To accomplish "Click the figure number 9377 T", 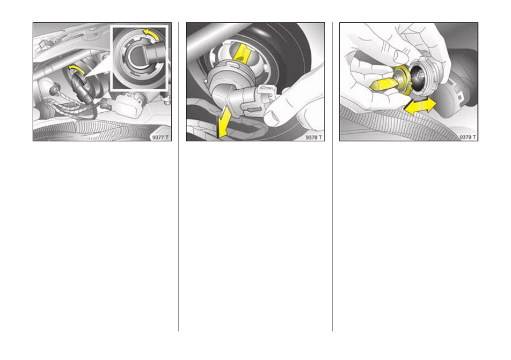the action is [160, 137].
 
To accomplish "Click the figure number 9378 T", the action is [314, 137].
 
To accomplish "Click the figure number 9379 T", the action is [468, 137].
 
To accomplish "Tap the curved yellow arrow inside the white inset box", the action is [151, 34].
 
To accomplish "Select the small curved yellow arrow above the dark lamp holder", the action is [76, 68].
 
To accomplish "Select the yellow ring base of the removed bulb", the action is [403, 80].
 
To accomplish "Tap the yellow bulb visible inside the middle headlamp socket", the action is [241, 53].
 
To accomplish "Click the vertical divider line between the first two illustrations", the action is [179, 177].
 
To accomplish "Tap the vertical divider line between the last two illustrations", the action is [332, 177].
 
